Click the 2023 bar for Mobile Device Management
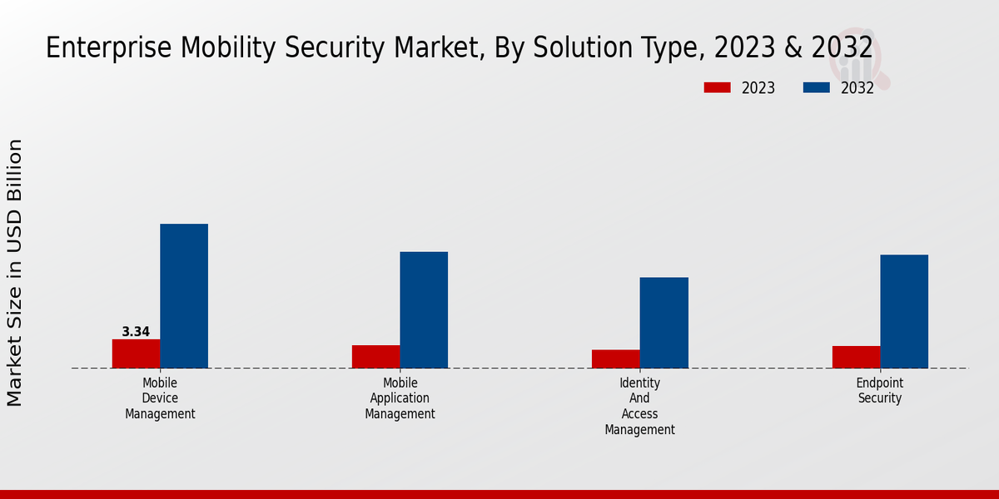tap(136, 353)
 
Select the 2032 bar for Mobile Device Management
tap(184, 296)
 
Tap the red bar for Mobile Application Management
tap(375, 357)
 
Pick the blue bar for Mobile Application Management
tap(424, 309)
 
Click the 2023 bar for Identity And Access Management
tap(615, 358)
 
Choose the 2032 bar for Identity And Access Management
tap(664, 323)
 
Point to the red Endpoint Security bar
tap(856, 357)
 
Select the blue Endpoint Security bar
tap(904, 311)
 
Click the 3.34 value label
tap(136, 332)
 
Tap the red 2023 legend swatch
tap(717, 87)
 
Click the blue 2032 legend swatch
tap(816, 87)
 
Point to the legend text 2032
tap(857, 88)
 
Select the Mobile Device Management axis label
tap(160, 398)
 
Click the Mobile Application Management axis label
tap(400, 398)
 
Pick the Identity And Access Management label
tap(639, 406)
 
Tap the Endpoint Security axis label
tap(880, 391)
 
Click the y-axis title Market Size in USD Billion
tap(15, 273)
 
